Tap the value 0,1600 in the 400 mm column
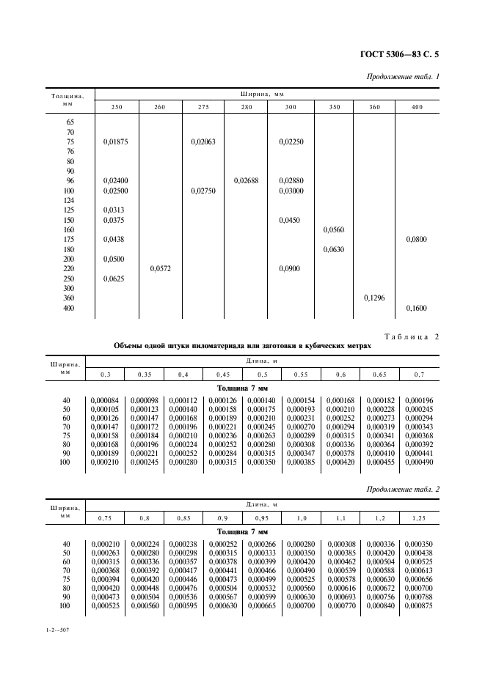click(416, 309)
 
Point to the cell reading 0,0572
click(161, 269)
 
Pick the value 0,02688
click(246, 180)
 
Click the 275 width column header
click(203, 108)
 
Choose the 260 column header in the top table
click(160, 108)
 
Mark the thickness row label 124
click(70, 200)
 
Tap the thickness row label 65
click(70, 122)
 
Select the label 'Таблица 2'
click(411, 336)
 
